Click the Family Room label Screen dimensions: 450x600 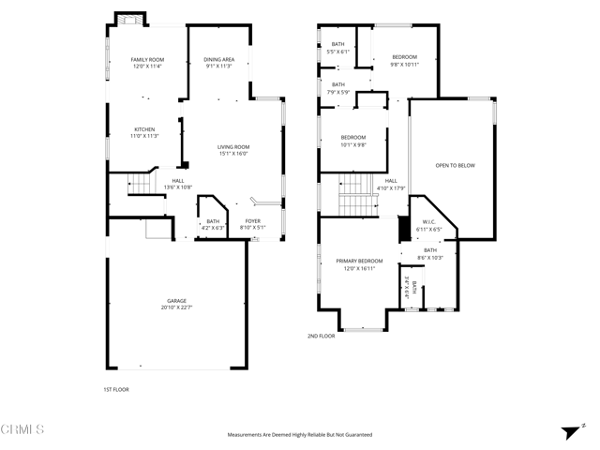[147, 59]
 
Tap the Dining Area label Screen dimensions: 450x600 [218, 59]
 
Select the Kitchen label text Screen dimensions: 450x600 [143, 129]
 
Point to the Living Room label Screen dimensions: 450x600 [233, 146]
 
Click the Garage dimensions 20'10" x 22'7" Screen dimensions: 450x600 [176, 307]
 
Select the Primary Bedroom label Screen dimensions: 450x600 [359, 261]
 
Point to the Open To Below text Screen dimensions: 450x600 [455, 165]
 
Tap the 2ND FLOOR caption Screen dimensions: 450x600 [321, 336]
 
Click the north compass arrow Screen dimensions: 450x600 [570, 431]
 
